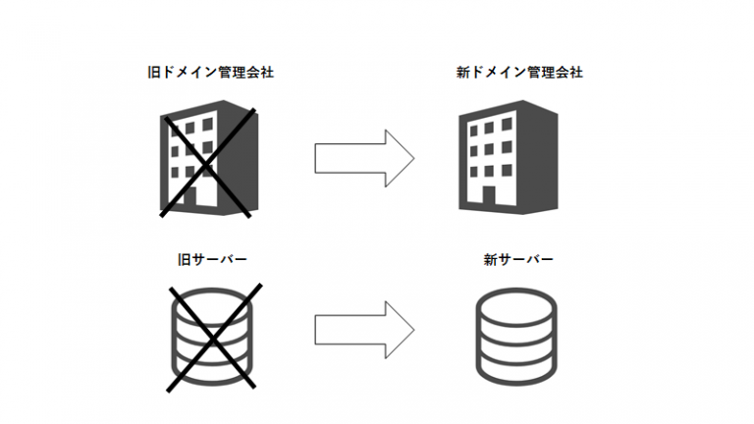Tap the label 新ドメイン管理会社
coord(512,72)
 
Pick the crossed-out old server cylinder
coord(211,335)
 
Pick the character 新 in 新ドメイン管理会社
coord(462,72)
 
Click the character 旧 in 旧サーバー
coord(181,259)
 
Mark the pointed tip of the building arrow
coord(413,155)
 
